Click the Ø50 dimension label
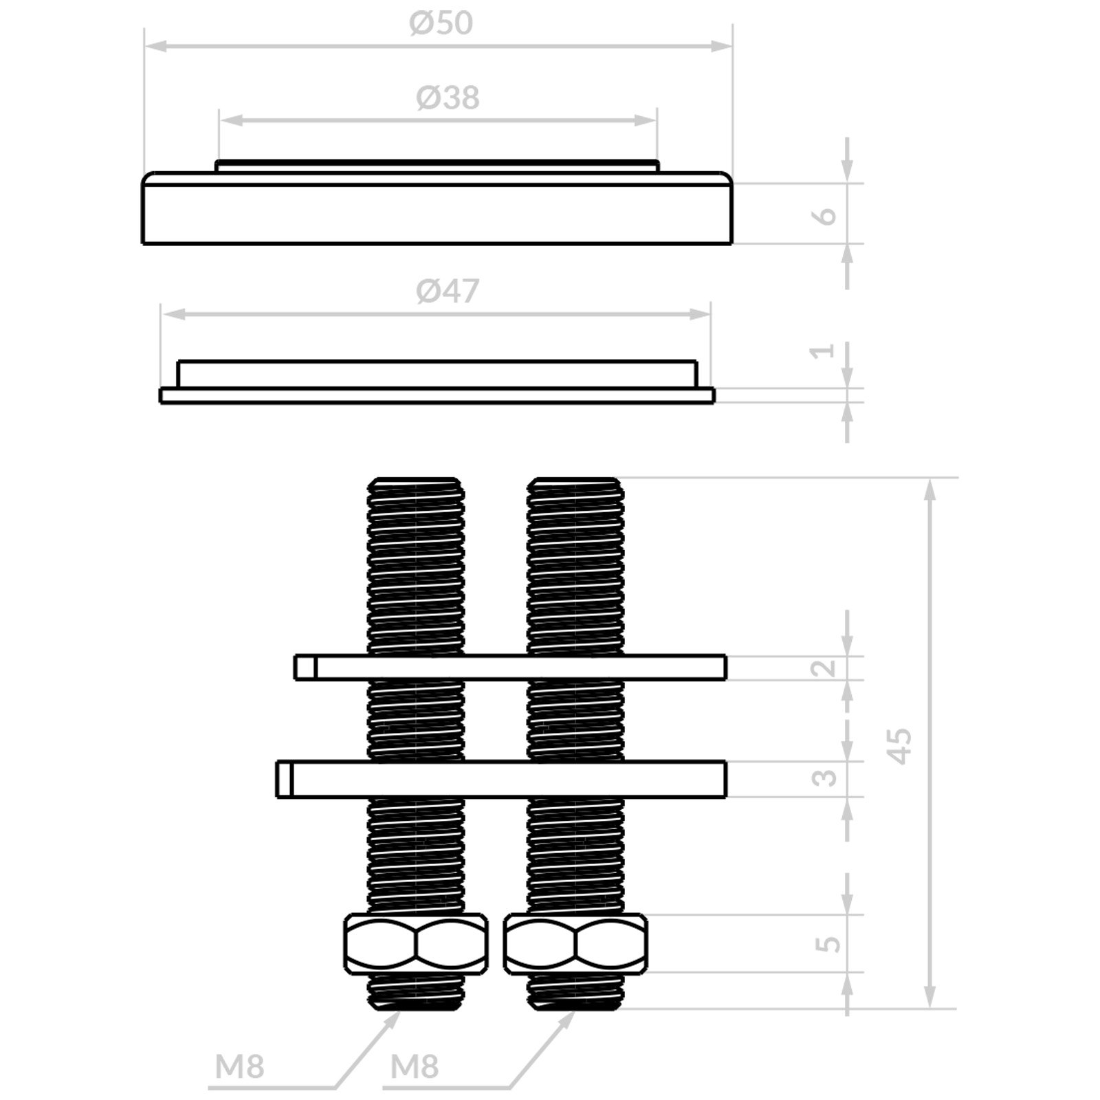[x=441, y=23]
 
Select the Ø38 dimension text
[x=448, y=98]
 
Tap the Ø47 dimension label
[x=448, y=291]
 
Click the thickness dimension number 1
[x=824, y=351]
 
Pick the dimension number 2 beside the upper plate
[x=824, y=668]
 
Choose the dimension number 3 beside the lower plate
[x=825, y=777]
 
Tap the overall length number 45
[x=899, y=745]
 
